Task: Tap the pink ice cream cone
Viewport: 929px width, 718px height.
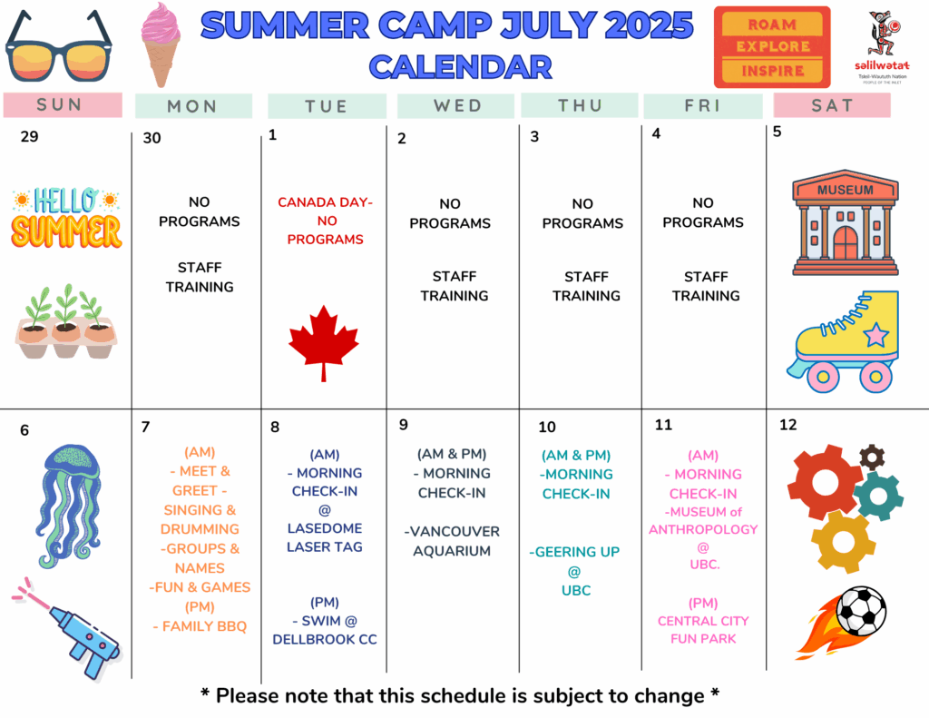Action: [x=161, y=45]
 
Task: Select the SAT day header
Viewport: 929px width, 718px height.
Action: [x=832, y=105]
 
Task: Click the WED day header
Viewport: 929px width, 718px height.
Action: [x=457, y=105]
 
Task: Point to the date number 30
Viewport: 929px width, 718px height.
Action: [x=152, y=138]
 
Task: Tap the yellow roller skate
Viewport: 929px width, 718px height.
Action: [x=844, y=341]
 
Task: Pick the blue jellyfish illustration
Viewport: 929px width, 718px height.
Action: [x=69, y=506]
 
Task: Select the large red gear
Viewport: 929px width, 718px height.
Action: [x=825, y=482]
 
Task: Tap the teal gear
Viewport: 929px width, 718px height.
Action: [x=878, y=497]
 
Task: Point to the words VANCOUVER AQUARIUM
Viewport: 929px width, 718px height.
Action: [x=452, y=541]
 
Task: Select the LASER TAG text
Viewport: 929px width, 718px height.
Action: [x=325, y=546]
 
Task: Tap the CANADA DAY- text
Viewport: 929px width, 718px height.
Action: [x=326, y=202]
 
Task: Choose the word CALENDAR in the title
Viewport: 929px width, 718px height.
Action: [x=460, y=66]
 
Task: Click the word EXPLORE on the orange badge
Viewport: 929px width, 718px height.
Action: [x=773, y=46]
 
